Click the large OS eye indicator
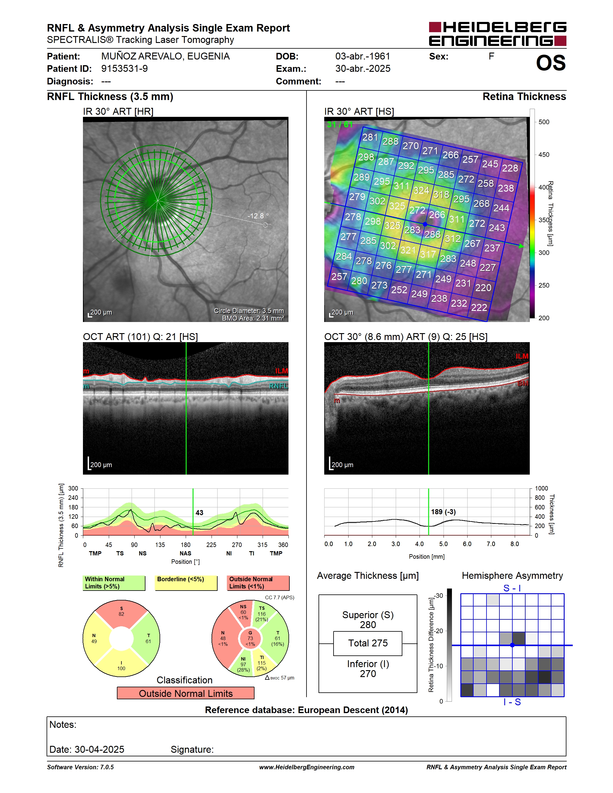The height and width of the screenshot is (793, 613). point(550,63)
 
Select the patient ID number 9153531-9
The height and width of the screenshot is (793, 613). point(124,68)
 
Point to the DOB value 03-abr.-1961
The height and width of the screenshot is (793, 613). point(362,56)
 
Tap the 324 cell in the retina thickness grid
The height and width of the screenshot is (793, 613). point(421,190)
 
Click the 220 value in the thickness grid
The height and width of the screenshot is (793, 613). point(483,287)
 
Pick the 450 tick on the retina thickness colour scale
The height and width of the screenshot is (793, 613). point(544,155)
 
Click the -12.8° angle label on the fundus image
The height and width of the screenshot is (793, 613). point(256,216)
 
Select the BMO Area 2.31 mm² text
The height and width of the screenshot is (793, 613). point(253,318)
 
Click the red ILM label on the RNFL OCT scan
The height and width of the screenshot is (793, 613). point(282,371)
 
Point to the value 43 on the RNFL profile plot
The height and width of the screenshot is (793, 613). point(199,513)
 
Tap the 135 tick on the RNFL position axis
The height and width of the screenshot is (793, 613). point(160,545)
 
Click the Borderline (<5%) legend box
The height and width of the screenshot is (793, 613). point(186,583)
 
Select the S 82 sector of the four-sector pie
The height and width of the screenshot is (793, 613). point(121,614)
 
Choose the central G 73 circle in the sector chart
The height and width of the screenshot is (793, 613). point(250,638)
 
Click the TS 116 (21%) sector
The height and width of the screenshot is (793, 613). point(262,614)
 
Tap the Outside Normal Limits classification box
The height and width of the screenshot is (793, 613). point(186,693)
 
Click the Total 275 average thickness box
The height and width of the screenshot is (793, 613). point(367,643)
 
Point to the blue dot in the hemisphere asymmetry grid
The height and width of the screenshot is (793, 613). point(512,645)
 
